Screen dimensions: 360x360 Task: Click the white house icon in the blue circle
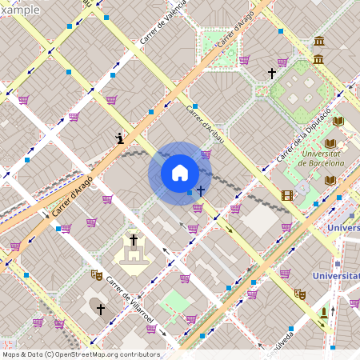[x=180, y=174]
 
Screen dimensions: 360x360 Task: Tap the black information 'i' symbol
[x=119, y=139]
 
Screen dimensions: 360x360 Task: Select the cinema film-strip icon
[x=287, y=195]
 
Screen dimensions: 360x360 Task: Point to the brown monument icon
[x=323, y=310]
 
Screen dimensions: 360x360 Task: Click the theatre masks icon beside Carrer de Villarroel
[x=97, y=274]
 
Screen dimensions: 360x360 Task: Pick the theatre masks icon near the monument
[x=300, y=294]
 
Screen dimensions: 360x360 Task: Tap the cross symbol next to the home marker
[x=200, y=191]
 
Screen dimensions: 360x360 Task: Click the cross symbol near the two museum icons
[x=272, y=74]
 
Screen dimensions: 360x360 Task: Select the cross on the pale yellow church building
[x=134, y=240]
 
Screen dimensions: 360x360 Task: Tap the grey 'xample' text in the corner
[x=20, y=10]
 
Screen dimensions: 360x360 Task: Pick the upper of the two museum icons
[x=319, y=42]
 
